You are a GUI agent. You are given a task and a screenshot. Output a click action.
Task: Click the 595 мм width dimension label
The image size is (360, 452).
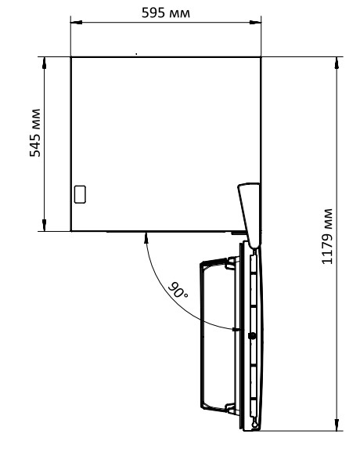(166, 13)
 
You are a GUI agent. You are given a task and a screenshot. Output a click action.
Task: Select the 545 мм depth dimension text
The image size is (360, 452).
(35, 132)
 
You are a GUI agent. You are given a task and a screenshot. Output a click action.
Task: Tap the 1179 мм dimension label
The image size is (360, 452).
(327, 236)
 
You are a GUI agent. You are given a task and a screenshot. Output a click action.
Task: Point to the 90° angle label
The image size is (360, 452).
(178, 291)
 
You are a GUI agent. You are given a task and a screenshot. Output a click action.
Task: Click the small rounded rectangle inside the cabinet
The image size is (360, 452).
(80, 194)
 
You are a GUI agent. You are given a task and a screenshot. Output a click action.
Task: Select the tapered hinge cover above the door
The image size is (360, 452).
(250, 215)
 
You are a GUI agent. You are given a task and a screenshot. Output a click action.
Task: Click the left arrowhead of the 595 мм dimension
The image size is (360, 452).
(77, 22)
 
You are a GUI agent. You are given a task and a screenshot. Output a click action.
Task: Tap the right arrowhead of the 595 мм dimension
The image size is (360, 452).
(255, 22)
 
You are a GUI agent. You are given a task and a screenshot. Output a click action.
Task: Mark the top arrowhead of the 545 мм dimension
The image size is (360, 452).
(44, 63)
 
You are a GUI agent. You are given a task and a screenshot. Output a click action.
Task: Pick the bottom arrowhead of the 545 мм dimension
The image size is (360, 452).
(44, 225)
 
